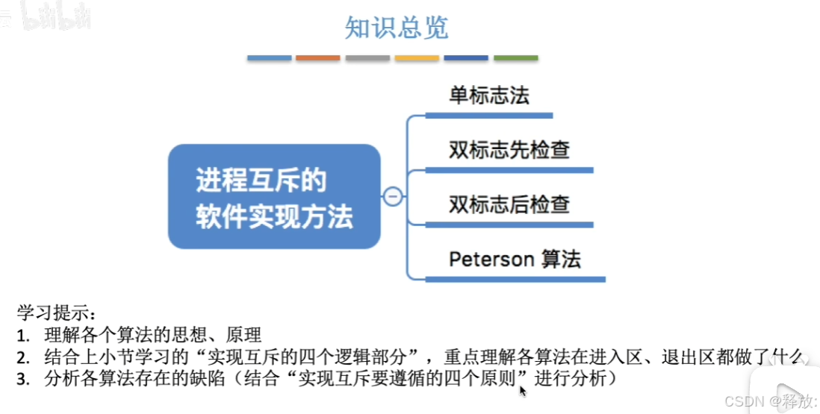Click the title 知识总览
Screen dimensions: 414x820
pyautogui.click(x=396, y=28)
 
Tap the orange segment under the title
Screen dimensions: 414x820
pyautogui.click(x=318, y=57)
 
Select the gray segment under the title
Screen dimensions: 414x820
pyautogui.click(x=367, y=57)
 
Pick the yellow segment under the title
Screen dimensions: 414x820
pyautogui.click(x=417, y=57)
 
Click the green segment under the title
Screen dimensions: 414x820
pyautogui.click(x=515, y=57)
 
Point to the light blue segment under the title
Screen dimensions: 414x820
pyautogui.click(x=269, y=57)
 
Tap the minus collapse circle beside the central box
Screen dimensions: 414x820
pyautogui.click(x=393, y=197)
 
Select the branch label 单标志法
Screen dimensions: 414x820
pyautogui.click(x=489, y=95)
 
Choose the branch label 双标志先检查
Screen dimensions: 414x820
pyautogui.click(x=509, y=150)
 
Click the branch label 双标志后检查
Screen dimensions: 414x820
pyautogui.click(x=509, y=204)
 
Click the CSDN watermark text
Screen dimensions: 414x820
pyautogui.click(x=748, y=401)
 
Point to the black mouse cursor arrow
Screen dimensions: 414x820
pyautogui.click(x=523, y=389)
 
